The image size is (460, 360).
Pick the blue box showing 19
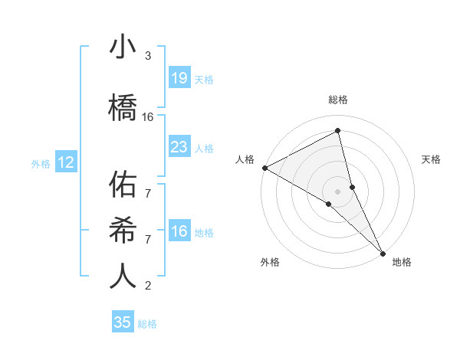pyautogui.click(x=179, y=78)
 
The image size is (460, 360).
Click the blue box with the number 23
pyautogui.click(x=179, y=147)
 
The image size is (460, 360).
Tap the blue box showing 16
pyautogui.click(x=179, y=231)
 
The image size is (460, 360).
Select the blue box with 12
pyautogui.click(x=66, y=162)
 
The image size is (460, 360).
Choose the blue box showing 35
pyautogui.click(x=123, y=322)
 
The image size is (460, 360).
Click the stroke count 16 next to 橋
pyautogui.click(x=148, y=117)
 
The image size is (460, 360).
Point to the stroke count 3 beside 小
pyautogui.click(x=148, y=56)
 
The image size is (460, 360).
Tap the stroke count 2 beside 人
pyautogui.click(x=148, y=286)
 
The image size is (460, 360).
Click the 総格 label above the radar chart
pyautogui.click(x=338, y=100)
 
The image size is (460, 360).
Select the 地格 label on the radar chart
pyautogui.click(x=402, y=263)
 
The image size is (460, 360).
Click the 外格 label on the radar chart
pyautogui.click(x=270, y=263)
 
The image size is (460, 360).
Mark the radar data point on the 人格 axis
pyautogui.click(x=264, y=168)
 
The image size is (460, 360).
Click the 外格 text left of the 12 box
pyautogui.click(x=41, y=163)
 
